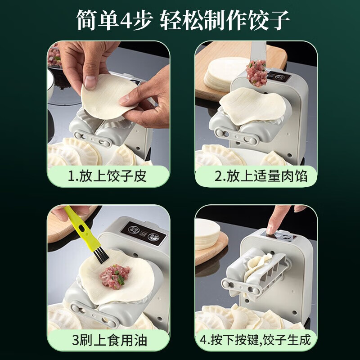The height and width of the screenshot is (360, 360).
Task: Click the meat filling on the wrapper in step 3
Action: coord(114,275)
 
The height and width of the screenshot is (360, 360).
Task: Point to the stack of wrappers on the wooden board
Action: coord(225,72)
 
